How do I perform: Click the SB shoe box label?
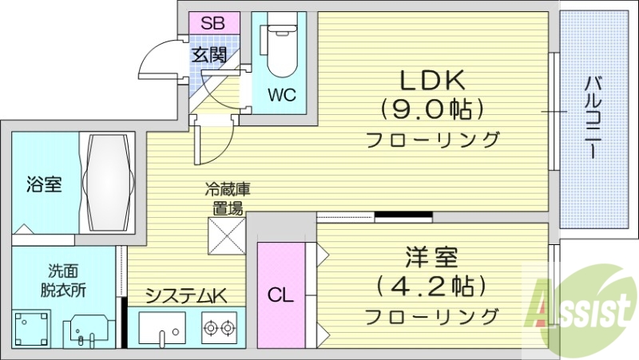(212, 22)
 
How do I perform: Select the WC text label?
(281, 96)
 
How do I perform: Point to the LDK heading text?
(433, 81)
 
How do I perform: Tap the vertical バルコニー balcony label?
(592, 117)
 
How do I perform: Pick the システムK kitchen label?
(185, 296)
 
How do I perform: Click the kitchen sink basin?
(162, 328)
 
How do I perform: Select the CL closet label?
(280, 295)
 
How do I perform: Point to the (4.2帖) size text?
(431, 285)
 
